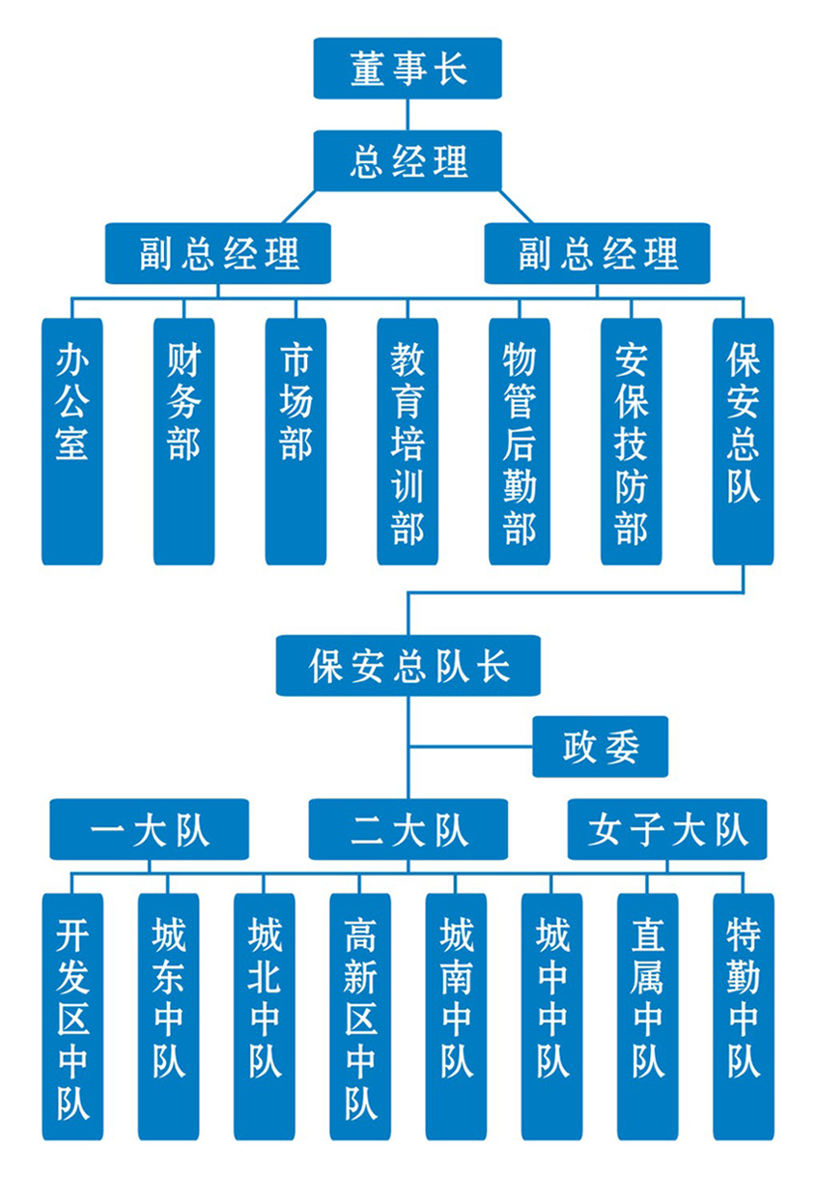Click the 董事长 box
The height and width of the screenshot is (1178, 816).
408,69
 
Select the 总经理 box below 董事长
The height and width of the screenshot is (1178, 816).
408,160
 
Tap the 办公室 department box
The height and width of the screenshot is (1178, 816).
71,441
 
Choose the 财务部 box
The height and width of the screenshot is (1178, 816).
183,441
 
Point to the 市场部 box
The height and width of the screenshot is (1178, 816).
295,441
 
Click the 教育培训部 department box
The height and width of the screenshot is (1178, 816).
408,441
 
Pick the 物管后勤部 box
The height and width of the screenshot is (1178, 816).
520,441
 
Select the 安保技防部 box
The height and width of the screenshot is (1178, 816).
632,441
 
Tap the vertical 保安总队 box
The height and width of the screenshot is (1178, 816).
743,441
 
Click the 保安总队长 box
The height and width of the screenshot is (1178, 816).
408,666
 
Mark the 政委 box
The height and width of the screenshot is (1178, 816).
600,747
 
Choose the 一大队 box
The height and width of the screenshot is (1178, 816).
150,829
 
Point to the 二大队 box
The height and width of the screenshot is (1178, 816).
408,829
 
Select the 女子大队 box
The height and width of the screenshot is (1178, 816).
666,829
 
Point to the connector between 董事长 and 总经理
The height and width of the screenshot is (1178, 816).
408,114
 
